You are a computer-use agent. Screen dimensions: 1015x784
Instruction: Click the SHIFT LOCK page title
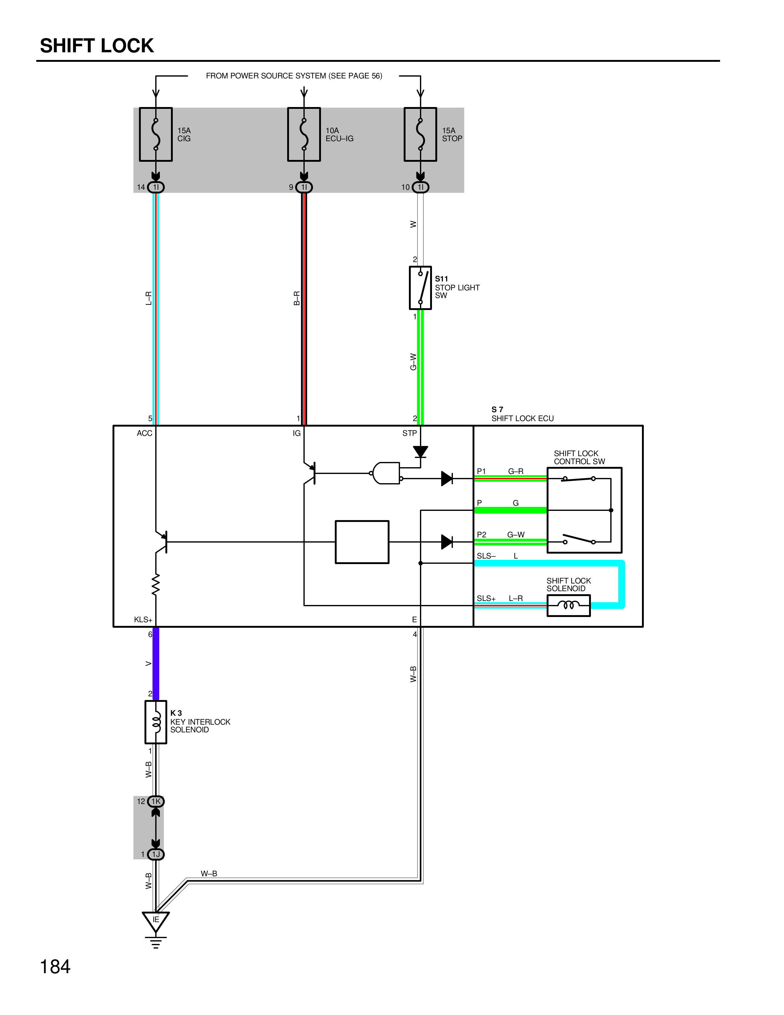97,46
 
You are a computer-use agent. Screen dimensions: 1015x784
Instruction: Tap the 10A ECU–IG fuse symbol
304,134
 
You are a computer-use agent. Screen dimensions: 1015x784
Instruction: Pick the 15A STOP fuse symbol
420,134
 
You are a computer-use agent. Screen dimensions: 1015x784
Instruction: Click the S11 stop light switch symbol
420,288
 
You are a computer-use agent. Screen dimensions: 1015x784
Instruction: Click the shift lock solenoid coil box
568,606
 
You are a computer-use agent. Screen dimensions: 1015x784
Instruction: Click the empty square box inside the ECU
362,542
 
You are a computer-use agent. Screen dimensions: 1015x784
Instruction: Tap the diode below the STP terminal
420,451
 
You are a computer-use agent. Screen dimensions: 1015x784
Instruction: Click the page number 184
55,967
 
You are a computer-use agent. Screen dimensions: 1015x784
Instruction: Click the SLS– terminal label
486,556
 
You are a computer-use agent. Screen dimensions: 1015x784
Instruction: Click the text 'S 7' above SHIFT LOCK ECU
497,409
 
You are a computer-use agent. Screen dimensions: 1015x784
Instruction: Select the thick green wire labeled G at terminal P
510,510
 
